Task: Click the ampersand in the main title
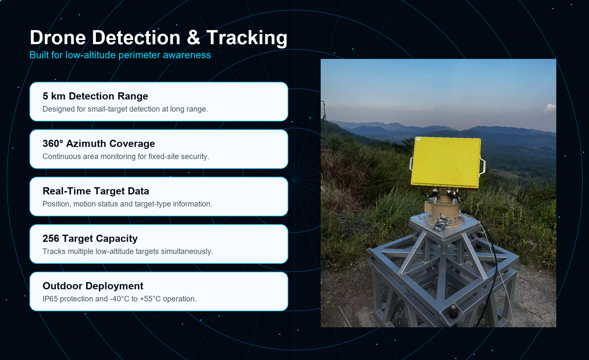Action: (193, 38)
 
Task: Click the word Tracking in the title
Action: (247, 38)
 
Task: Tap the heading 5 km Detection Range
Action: (95, 96)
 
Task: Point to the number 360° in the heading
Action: (53, 144)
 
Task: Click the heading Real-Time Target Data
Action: (96, 191)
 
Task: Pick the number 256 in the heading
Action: (51, 239)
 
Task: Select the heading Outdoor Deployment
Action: (93, 286)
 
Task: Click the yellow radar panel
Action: (446, 163)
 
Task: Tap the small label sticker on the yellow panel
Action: (418, 139)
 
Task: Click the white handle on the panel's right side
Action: (482, 166)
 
